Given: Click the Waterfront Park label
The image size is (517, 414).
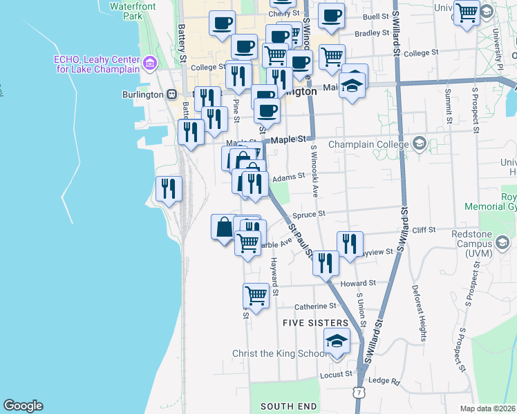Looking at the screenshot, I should pyautogui.click(x=125, y=11).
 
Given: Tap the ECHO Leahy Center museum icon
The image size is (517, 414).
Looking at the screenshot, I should pyautogui.click(x=149, y=66).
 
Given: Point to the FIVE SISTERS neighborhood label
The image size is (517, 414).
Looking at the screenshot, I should pyautogui.click(x=315, y=323).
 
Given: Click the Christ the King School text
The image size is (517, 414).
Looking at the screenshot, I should pyautogui.click(x=279, y=353).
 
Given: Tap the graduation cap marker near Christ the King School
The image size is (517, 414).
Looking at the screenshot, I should pyautogui.click(x=337, y=342).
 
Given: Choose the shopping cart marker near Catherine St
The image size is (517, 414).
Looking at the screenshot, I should pyautogui.click(x=256, y=297).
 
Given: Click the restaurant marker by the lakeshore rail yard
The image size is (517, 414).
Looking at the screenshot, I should pyautogui.click(x=169, y=188).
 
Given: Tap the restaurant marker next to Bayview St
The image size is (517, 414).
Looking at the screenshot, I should pyautogui.click(x=350, y=244).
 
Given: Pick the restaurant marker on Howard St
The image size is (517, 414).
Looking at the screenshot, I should pyautogui.click(x=324, y=263).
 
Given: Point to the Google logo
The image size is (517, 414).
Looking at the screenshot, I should pyautogui.click(x=23, y=406).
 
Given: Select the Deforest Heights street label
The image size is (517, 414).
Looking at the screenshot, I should pyautogui.click(x=419, y=314).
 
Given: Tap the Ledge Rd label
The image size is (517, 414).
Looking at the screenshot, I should pyautogui.click(x=385, y=381).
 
